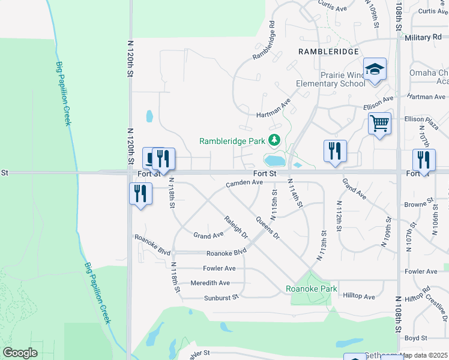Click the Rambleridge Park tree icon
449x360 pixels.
point(274,140)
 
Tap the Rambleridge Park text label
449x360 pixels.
point(232,142)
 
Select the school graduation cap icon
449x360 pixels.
point(375,69)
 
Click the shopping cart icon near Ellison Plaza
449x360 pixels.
point(379,124)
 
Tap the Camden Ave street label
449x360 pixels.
point(244,182)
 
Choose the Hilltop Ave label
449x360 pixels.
point(359,296)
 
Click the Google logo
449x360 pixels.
point(20,353)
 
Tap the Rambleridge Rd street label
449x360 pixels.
point(264,41)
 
